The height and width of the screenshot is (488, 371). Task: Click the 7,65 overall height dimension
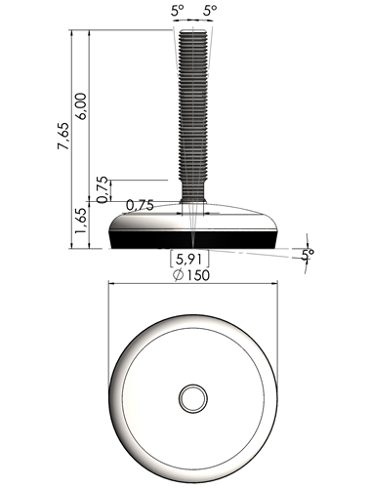pos(63,136)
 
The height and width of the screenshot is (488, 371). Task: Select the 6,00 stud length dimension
pos(81,106)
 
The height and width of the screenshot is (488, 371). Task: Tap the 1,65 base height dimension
pos(80,220)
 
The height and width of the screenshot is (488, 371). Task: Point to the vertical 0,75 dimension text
pos(103,189)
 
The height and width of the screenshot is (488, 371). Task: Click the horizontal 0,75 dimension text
pos(140,205)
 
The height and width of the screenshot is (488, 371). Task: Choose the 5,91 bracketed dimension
pos(189,260)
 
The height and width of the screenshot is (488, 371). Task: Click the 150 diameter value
pos(198,275)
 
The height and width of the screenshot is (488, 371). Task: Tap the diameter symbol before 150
pos(179,276)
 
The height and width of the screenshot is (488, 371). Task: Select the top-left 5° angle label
pos(178,11)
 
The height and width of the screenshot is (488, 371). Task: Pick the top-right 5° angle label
pos(210,11)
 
